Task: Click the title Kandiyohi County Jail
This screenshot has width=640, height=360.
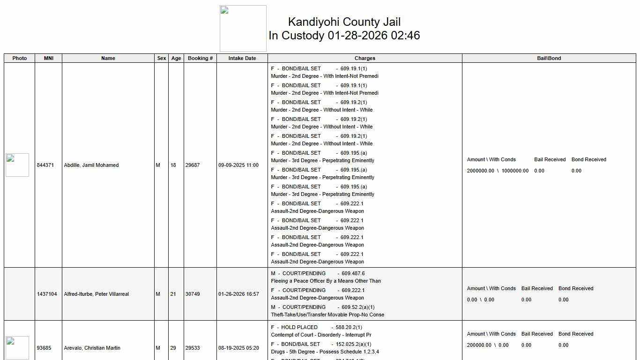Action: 344,22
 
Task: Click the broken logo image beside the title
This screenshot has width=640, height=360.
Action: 243,29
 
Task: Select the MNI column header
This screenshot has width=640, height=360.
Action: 48,58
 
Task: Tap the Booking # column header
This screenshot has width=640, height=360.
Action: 200,58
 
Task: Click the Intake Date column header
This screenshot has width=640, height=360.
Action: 242,58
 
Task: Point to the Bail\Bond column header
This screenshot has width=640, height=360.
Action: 549,58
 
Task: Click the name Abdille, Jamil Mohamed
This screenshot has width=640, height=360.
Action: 91,165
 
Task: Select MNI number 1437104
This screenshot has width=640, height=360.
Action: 47,294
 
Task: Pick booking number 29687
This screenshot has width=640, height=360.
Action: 193,165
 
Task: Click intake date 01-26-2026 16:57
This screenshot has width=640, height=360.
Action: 238,294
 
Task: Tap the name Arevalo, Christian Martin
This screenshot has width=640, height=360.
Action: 92,348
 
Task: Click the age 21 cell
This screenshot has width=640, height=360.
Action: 173,294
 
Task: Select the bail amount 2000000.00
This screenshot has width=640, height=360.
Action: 480,171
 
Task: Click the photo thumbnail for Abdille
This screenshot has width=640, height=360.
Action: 17,165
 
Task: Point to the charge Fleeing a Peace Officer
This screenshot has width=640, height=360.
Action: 326,281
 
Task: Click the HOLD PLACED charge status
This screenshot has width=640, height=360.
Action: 299,327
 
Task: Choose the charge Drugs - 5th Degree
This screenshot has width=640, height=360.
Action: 325,352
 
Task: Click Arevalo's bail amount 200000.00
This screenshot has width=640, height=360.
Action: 479,345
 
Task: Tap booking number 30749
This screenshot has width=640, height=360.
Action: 193,294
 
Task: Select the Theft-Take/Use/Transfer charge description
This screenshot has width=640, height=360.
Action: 327,315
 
